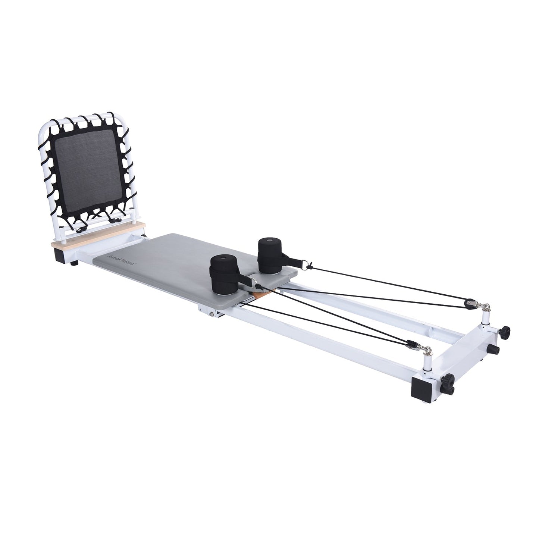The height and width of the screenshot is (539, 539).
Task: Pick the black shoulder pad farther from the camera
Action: [x=270, y=254]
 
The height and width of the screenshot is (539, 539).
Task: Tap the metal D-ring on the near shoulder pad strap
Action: [x=257, y=286]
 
